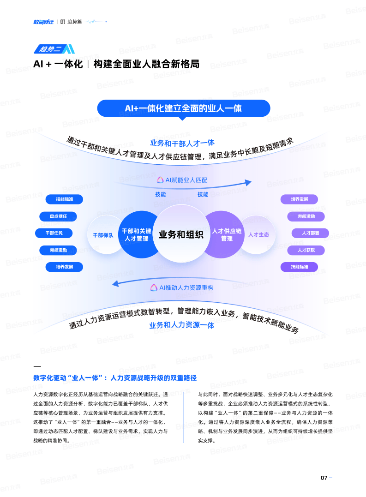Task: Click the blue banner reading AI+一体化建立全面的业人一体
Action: pyautogui.click(x=184, y=108)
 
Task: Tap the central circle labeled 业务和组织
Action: pyautogui.click(x=181, y=234)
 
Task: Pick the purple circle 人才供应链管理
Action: pyautogui.click(x=225, y=234)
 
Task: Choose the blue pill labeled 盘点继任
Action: pyautogui.click(x=58, y=216)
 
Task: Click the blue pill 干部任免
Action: pyautogui.click(x=54, y=233)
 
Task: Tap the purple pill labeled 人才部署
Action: pyautogui.click(x=310, y=233)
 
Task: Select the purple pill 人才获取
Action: pyautogui.click(x=306, y=250)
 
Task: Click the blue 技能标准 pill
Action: pyautogui.click(x=64, y=199)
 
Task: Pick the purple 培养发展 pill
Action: pyautogui.click(x=299, y=199)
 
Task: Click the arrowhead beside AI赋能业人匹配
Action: pyautogui.click(x=248, y=183)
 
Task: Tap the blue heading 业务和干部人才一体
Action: pyautogui.click(x=182, y=143)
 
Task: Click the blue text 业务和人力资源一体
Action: pyautogui.click(x=182, y=325)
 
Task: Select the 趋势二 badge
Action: pyautogui.click(x=54, y=49)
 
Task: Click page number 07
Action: pyautogui.click(x=324, y=478)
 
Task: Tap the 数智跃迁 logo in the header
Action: pyautogui.click(x=43, y=22)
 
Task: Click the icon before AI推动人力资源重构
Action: pyautogui.click(x=154, y=287)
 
